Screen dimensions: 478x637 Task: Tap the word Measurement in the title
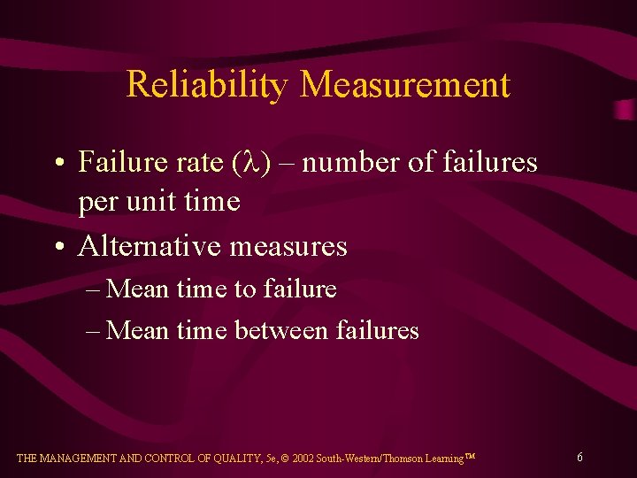coord(405,85)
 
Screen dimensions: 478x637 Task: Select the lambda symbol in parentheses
coord(249,163)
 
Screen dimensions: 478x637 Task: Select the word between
coord(282,330)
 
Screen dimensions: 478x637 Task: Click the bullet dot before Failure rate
coord(57,164)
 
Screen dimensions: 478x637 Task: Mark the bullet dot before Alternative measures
coord(57,246)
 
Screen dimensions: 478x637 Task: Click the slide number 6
coord(579,458)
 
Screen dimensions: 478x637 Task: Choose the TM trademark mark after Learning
coord(471,456)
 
